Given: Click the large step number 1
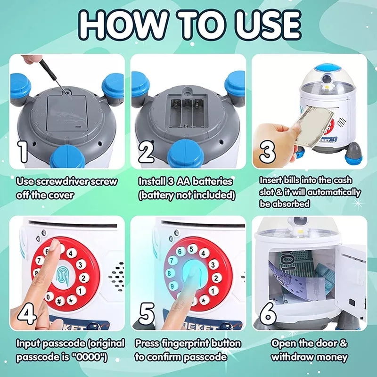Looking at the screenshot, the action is point(23,152).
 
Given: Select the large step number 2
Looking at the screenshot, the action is point(146,152).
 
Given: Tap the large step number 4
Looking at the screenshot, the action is point(27,314).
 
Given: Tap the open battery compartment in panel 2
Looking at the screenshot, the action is point(187,113).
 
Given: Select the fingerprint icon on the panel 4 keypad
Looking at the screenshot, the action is point(63,277).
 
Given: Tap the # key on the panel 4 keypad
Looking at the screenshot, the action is point(59,301).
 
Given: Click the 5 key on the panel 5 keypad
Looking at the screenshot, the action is point(191,249).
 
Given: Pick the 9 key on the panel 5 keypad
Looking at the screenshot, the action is point(172,287).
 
